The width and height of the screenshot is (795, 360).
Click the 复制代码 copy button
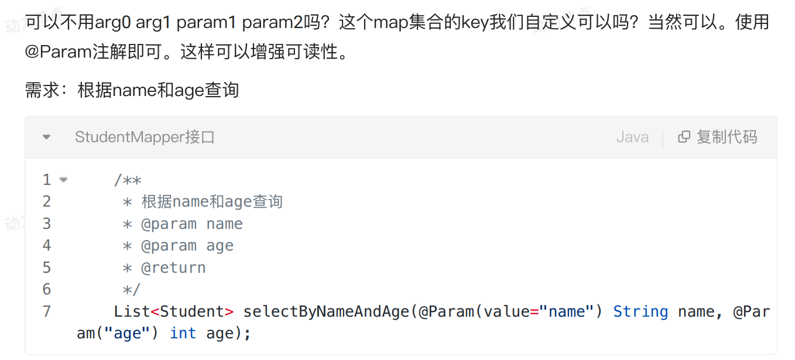point(718,137)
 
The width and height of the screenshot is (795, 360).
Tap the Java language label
point(632,138)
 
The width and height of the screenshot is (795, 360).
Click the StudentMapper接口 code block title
point(145,138)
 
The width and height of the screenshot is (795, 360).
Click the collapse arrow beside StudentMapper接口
point(47,138)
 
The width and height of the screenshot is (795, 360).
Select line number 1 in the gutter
point(47,180)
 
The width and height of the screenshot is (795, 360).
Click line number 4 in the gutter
point(47,245)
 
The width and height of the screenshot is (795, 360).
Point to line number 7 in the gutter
point(47,311)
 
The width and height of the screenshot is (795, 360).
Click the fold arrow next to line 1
point(63,180)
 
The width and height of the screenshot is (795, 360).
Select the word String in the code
point(640,311)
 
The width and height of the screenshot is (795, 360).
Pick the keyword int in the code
point(183,333)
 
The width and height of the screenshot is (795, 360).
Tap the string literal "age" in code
point(127,333)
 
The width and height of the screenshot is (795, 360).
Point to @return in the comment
point(173,268)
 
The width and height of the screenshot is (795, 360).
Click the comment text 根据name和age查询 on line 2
point(212,202)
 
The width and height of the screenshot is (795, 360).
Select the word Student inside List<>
point(192,311)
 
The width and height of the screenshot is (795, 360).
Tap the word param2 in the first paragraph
point(273,23)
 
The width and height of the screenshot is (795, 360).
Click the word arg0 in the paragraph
point(112,23)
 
